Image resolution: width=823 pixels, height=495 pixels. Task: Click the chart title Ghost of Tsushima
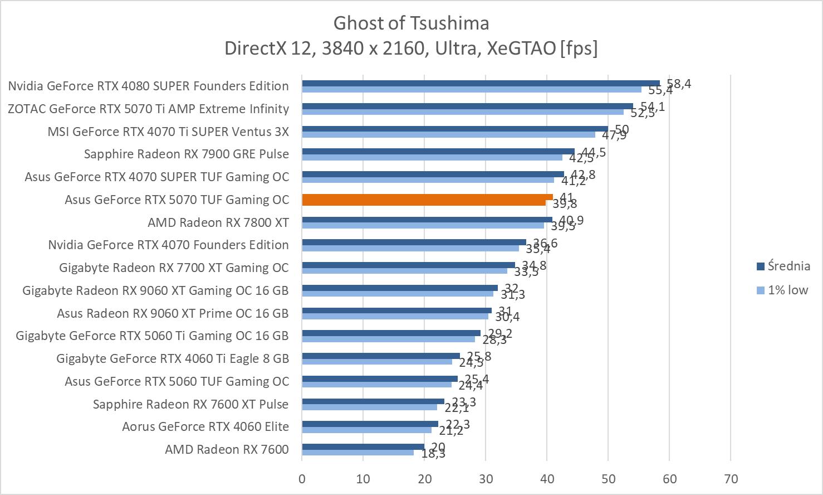411,23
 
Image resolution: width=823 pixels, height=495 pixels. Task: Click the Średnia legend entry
782,266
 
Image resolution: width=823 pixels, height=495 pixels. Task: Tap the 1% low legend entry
782,290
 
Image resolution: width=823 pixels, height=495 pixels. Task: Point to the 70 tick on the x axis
731,479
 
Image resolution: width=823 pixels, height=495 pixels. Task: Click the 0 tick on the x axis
302,479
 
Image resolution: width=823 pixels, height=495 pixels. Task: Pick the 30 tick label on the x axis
486,479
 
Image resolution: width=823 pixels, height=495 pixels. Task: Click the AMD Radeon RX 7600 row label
227,449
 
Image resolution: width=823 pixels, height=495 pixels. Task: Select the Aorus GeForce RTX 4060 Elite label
205,426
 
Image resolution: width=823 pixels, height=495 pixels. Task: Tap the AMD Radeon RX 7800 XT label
218,222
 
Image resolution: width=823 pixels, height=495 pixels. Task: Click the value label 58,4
679,84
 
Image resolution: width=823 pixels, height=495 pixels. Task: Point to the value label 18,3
433,454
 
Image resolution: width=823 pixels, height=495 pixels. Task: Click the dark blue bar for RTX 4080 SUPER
481,83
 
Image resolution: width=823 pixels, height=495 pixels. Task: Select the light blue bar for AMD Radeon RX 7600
357,453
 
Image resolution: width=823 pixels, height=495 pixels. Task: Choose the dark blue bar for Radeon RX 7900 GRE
438,151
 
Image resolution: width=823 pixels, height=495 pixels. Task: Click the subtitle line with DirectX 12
411,48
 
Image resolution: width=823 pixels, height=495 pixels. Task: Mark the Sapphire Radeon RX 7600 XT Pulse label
190,404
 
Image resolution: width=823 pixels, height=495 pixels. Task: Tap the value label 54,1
653,106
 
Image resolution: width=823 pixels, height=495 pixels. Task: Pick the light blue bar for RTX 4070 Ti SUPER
448,134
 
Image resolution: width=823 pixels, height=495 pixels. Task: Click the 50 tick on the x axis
608,479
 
